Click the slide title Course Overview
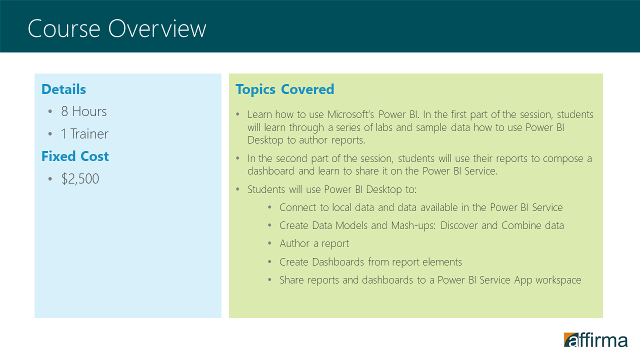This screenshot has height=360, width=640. click(x=117, y=28)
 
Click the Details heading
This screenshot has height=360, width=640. click(x=63, y=89)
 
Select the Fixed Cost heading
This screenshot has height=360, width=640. click(x=75, y=156)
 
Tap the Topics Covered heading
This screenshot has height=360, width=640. click(x=285, y=89)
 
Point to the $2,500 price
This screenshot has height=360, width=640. click(x=80, y=179)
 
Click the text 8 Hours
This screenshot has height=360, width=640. click(x=83, y=111)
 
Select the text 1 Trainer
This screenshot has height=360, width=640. click(x=84, y=134)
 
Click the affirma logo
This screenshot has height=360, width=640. click(x=595, y=339)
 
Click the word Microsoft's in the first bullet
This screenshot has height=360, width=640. click(x=351, y=114)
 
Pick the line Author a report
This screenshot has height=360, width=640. click(x=314, y=243)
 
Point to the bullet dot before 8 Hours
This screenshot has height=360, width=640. click(x=50, y=111)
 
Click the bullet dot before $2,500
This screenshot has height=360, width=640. click(x=50, y=179)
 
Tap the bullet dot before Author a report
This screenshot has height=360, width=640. click(x=269, y=243)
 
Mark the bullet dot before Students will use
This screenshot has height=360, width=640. click(x=237, y=189)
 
